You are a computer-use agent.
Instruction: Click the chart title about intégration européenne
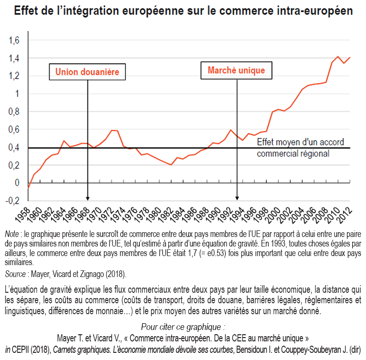click(183, 10)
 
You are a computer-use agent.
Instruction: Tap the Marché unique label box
click(236, 71)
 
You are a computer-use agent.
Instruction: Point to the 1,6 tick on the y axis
click(14, 41)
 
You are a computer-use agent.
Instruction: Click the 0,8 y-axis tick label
click(14, 112)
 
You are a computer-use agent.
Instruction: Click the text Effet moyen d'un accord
click(300, 143)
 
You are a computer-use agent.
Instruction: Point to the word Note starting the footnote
click(10, 234)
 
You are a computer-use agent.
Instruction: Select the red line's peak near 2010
click(338, 57)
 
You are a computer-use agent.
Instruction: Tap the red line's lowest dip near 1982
click(170, 165)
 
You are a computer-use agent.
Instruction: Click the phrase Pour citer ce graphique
click(183, 327)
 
